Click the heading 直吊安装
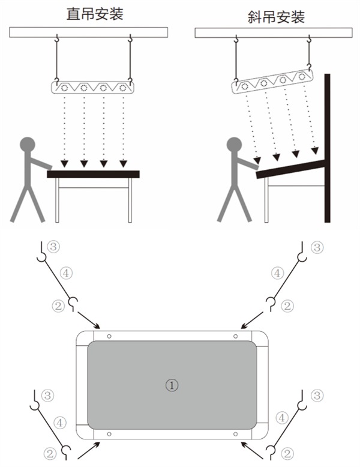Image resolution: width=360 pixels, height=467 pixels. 95,14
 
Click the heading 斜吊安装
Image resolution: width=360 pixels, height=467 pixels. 276,17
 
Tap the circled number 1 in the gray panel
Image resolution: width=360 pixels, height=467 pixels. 172,385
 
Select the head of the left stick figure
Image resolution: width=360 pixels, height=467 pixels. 28,145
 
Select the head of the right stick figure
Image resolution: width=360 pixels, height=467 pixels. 235,145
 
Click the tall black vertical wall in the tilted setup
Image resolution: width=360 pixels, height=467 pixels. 327,148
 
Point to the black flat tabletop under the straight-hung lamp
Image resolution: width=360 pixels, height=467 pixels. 93,174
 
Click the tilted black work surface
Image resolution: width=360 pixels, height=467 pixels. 290,169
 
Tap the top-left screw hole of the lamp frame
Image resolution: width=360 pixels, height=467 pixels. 109,336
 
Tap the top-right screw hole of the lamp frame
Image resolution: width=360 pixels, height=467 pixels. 236,336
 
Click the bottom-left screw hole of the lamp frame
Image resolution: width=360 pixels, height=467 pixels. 109,434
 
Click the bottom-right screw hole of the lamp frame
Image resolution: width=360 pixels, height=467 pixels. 236,434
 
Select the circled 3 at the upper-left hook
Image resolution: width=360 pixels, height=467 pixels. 53,247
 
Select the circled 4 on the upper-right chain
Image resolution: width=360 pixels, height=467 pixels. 277,273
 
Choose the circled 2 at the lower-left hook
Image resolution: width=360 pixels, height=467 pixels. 50,454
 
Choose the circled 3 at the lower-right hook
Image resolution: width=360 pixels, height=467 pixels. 317,395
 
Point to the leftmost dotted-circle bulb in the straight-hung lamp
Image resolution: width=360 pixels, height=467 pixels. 64,88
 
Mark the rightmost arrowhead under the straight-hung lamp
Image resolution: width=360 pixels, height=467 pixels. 123,163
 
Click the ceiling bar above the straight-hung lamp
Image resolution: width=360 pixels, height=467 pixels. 88,32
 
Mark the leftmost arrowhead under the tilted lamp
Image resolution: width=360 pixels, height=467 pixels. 257,161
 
